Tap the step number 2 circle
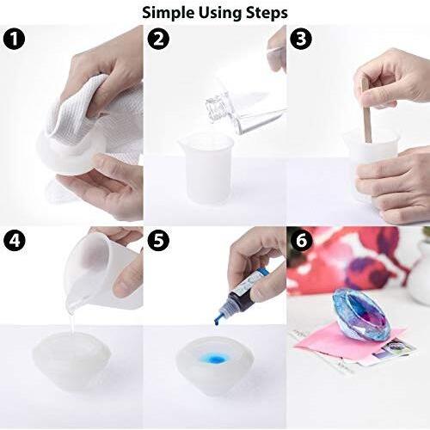tap(158, 39)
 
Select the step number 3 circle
tap(301, 39)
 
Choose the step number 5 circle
tap(158, 241)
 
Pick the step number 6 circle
tap(301, 241)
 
